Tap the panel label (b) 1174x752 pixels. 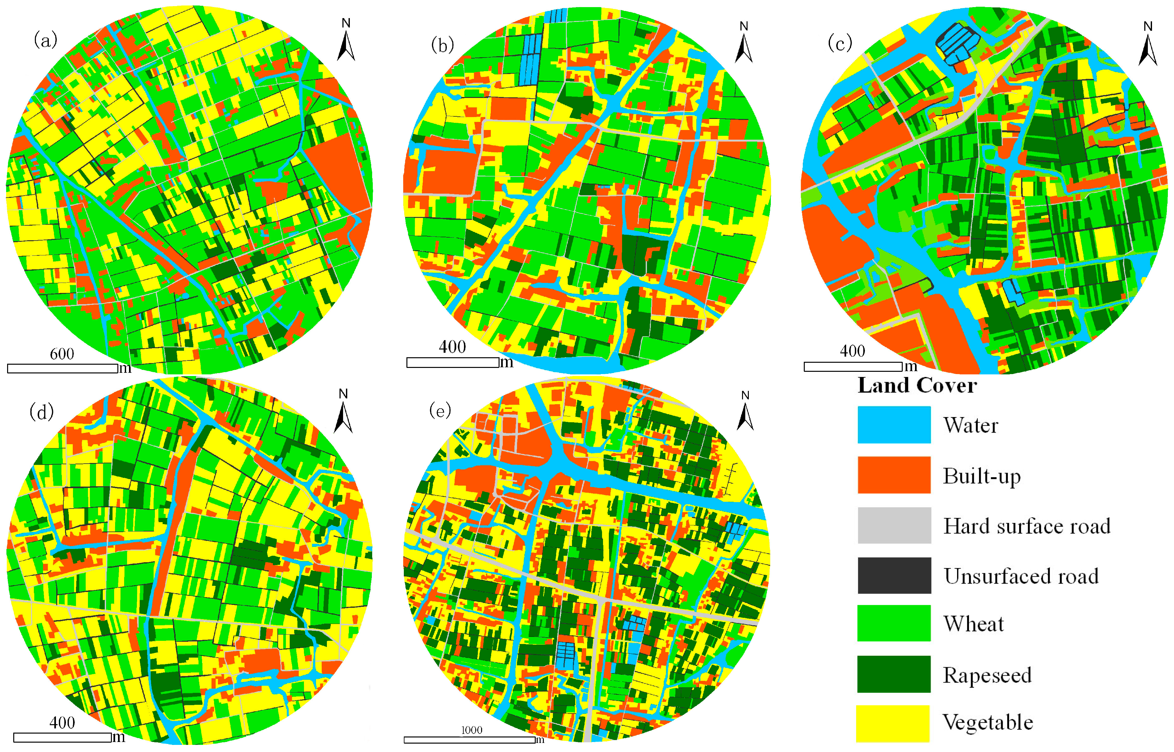click(x=442, y=45)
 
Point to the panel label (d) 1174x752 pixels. click(x=41, y=412)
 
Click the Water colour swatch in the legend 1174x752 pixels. click(x=894, y=425)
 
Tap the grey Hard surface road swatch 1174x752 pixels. click(x=894, y=525)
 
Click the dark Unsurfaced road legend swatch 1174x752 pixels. click(x=894, y=575)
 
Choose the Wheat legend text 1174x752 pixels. click(x=973, y=624)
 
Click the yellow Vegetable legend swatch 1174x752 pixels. click(x=893, y=723)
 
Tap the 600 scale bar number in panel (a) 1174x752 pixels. click(x=62, y=354)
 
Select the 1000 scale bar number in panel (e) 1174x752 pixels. click(x=471, y=730)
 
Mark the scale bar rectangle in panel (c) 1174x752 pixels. click(x=853, y=367)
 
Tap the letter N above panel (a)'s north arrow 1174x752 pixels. click(x=346, y=23)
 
